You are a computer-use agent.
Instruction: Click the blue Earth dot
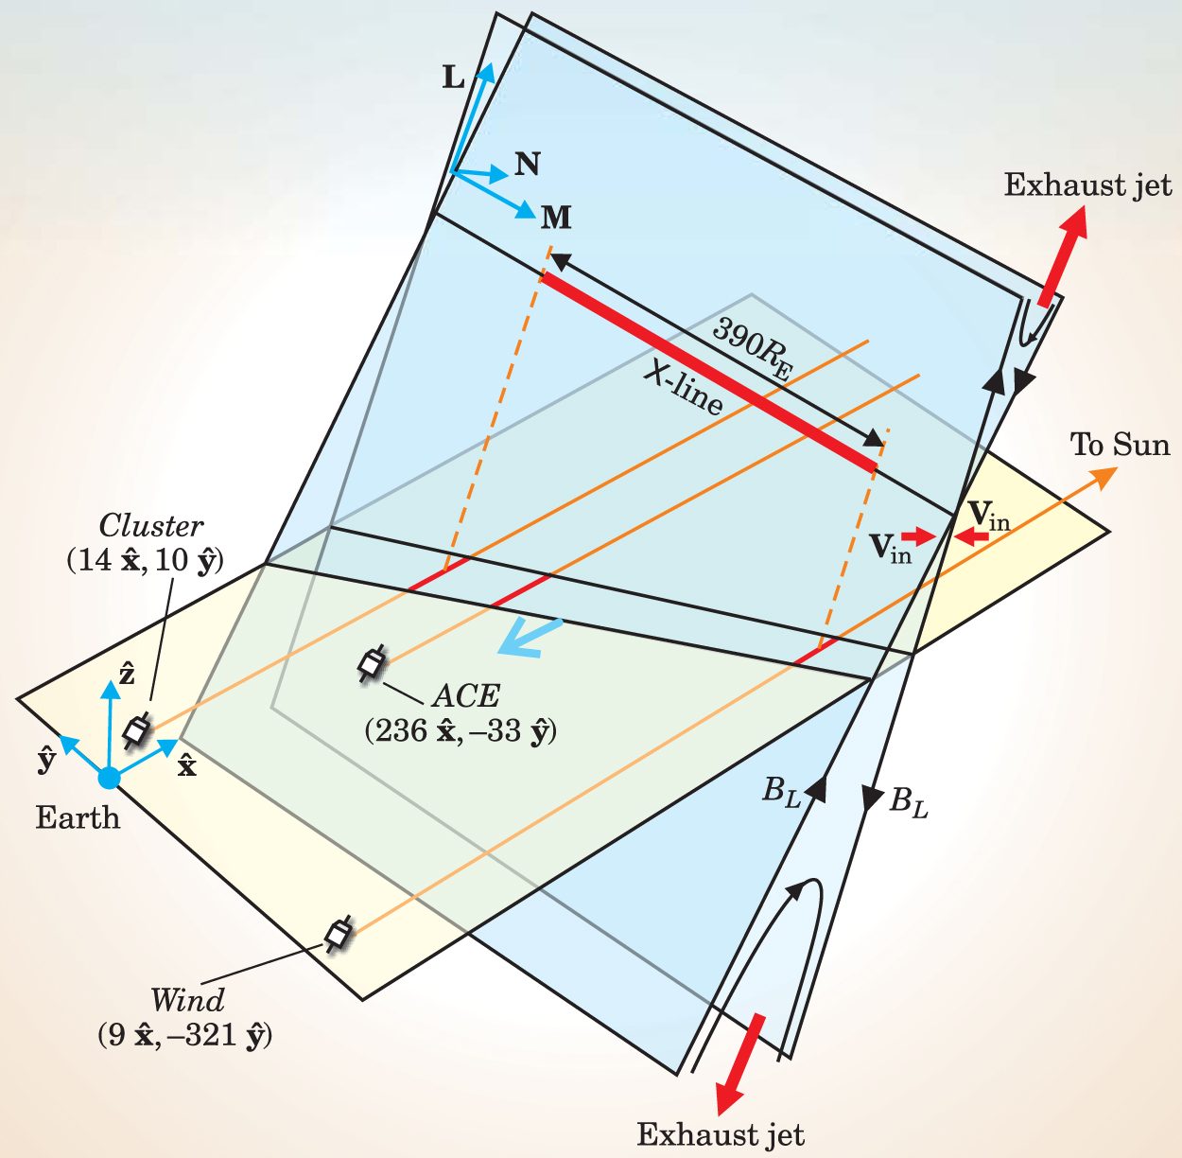110,778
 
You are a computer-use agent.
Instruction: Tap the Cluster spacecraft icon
137,729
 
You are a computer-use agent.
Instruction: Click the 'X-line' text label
683,389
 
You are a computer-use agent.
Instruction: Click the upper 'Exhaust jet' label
1087,184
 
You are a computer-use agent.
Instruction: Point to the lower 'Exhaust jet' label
721,1133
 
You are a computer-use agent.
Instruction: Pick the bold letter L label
454,78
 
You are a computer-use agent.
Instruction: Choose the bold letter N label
528,164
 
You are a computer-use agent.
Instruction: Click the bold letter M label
556,219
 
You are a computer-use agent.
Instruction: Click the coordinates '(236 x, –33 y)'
461,731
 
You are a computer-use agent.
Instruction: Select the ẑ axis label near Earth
127,674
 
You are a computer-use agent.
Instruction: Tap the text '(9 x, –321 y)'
184,1035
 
